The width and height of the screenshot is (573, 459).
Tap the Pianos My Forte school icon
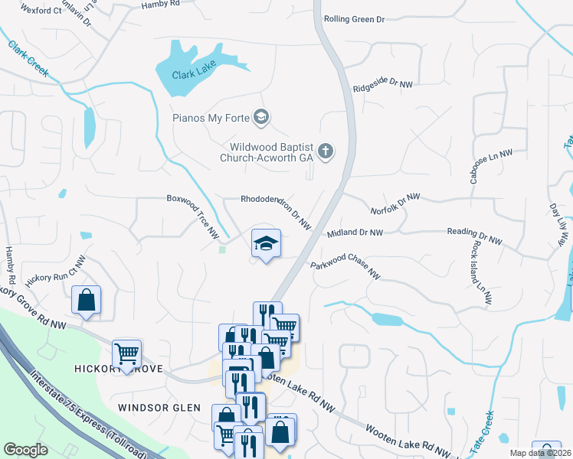pyautogui.click(x=262, y=117)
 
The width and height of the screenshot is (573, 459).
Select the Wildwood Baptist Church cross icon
pyautogui.click(x=326, y=151)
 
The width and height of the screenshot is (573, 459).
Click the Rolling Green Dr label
pyautogui.click(x=354, y=19)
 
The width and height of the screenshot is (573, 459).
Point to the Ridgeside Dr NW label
pyautogui.click(x=377, y=84)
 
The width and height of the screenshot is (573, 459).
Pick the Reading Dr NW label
pyautogui.click(x=474, y=236)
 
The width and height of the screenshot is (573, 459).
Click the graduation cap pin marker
pyautogui.click(x=266, y=244)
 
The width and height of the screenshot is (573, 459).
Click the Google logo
pyautogui.click(x=25, y=450)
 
